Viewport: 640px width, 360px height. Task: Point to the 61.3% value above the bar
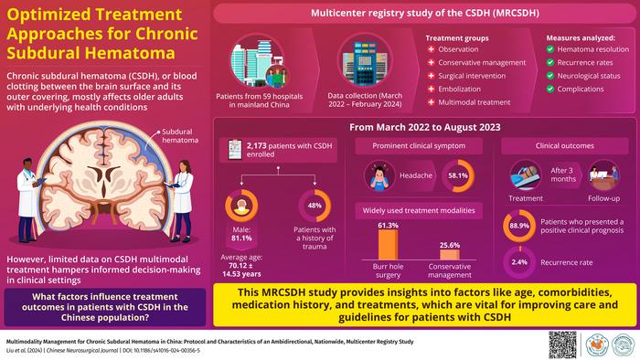[388, 225]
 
